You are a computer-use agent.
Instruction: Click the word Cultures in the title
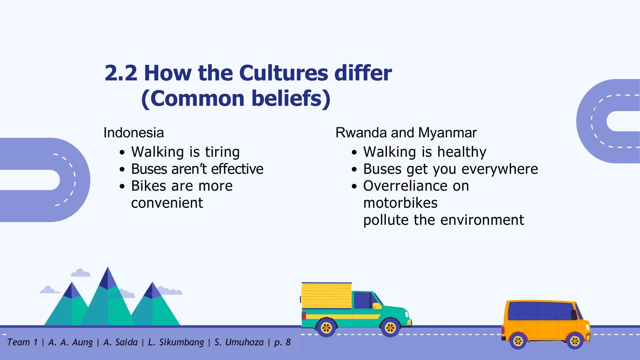click(284, 73)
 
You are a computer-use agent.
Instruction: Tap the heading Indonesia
click(134, 133)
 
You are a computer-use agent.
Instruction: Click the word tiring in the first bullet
click(222, 152)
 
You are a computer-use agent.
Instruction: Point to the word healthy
click(462, 152)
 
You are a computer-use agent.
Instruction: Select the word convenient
click(167, 203)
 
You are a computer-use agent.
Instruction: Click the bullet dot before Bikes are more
click(122, 186)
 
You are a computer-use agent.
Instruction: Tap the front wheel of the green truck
click(390, 328)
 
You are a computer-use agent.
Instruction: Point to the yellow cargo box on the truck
click(327, 296)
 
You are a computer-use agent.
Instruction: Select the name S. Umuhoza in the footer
click(239, 342)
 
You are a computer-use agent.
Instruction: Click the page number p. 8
click(282, 342)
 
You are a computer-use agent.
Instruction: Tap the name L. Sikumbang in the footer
click(176, 342)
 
